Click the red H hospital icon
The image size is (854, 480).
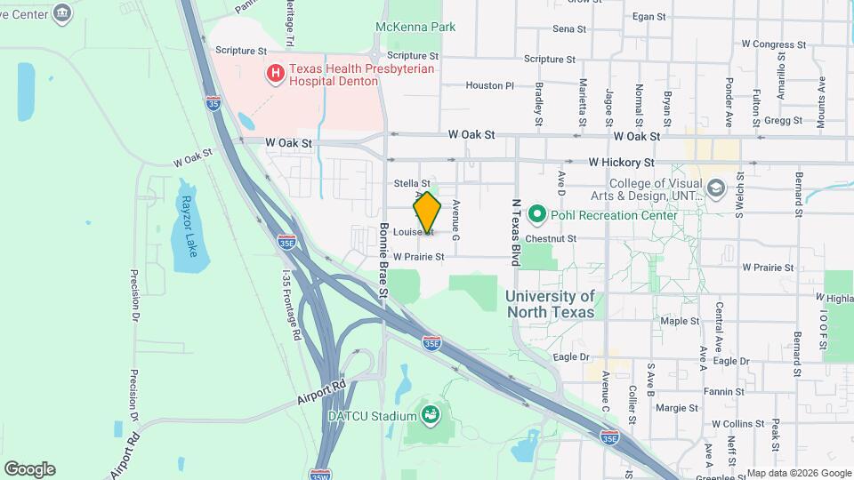(276, 71)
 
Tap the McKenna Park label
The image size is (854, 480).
(415, 28)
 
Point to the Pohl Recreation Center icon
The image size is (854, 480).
(536, 214)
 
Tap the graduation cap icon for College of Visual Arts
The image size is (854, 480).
(715, 188)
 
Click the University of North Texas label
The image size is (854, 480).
(551, 304)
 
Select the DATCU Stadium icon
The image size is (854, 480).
(431, 414)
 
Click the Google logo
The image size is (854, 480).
(29, 469)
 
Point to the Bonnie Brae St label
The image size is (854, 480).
(384, 260)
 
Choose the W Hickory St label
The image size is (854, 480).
(621, 164)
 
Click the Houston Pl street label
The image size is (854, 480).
(490, 86)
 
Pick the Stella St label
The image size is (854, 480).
(412, 183)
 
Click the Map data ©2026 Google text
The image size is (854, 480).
(797, 473)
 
